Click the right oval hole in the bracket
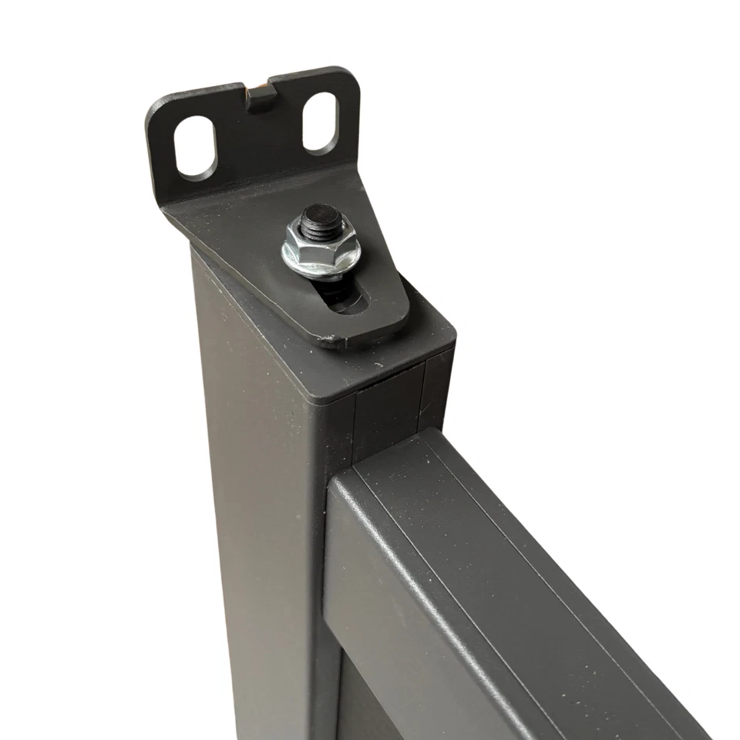coord(320,121)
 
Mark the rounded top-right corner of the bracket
coord(351,77)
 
